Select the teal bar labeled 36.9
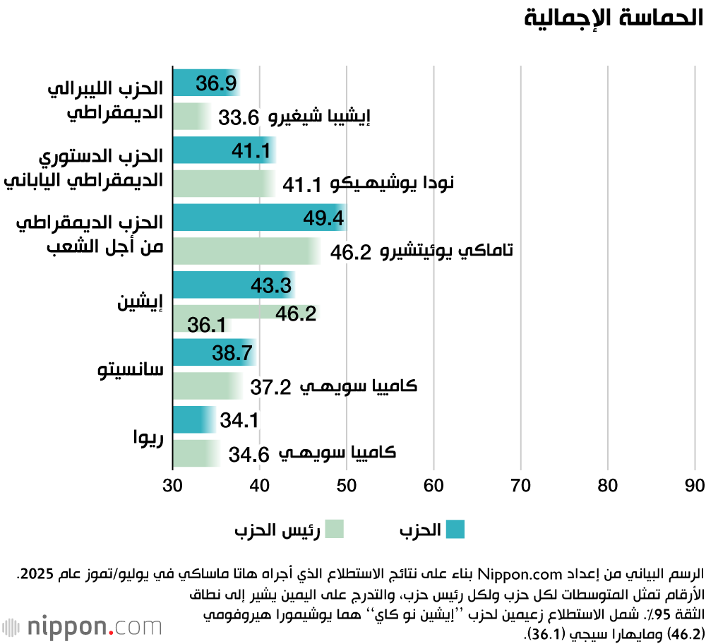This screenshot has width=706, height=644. point(206,83)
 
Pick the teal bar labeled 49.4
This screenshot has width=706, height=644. point(258,218)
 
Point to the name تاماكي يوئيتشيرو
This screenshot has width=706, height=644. point(446,251)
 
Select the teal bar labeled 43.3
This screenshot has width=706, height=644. point(233,285)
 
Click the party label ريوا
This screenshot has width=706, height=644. point(148,437)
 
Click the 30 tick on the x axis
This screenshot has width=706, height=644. point(173,486)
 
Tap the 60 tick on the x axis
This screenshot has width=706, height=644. point(433,486)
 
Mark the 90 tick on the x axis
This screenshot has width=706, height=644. point(695,486)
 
